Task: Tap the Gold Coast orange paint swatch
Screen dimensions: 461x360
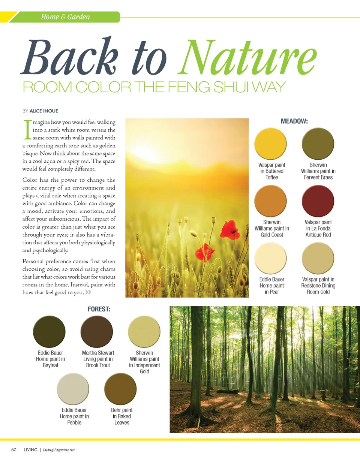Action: click(270, 202)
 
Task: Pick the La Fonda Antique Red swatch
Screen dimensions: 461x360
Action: click(318, 202)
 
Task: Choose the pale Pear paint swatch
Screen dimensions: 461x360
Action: click(270, 259)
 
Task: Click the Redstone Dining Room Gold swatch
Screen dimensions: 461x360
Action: click(318, 259)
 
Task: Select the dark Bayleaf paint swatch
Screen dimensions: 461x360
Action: click(49, 332)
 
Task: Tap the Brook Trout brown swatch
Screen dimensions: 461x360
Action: click(97, 332)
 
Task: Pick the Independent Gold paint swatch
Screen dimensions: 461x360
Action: click(144, 332)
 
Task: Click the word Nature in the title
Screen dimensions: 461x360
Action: click(250, 57)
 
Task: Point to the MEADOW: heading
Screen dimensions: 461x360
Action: click(294, 121)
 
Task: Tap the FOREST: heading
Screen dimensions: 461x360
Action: click(98, 309)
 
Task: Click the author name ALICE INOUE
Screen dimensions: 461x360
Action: click(43, 111)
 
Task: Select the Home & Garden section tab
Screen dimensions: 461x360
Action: click(65, 17)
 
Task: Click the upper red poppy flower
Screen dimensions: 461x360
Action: click(229, 230)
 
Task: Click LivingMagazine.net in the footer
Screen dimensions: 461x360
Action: click(59, 450)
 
